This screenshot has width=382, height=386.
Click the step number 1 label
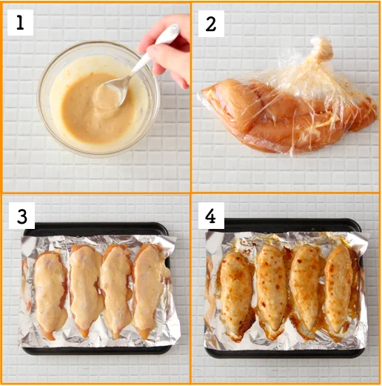[x=20, y=22]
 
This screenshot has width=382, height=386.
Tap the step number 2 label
[x=211, y=23]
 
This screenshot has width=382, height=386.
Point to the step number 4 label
[x=212, y=216]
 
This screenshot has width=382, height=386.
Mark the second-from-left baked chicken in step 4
[x=272, y=289]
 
